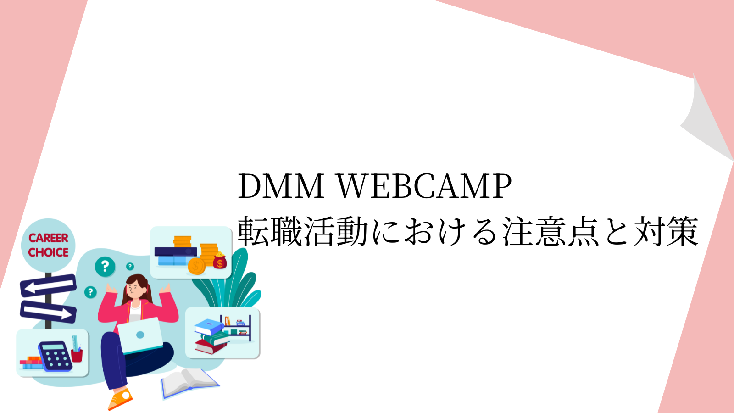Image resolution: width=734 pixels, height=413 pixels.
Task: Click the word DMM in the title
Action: [281, 186]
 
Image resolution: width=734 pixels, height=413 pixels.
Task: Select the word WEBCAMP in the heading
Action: [425, 186]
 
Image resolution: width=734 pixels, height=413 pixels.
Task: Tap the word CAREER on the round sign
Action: [48, 238]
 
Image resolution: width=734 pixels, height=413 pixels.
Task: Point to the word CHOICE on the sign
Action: [48, 252]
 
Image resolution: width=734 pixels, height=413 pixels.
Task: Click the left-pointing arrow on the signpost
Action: [48, 285]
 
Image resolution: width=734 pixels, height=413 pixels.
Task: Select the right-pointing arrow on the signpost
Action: [48, 312]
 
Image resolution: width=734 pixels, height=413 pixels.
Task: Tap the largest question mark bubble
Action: [105, 267]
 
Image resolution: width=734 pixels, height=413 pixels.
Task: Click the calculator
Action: [55, 356]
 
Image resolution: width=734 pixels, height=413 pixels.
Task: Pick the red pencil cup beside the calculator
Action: [77, 356]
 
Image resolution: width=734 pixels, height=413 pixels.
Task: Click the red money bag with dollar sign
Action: [220, 261]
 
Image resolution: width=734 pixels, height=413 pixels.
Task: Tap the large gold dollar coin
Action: [196, 266]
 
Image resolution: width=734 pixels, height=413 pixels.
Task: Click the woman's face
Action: [136, 290]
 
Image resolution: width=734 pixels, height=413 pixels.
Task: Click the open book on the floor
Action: [190, 383]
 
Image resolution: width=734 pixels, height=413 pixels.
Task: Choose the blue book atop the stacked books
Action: [209, 326]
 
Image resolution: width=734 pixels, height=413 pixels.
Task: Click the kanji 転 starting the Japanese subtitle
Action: [254, 231]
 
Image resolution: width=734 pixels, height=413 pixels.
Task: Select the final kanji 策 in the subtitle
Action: [683, 231]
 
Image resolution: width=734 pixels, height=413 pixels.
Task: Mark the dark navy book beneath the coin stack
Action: [176, 251]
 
